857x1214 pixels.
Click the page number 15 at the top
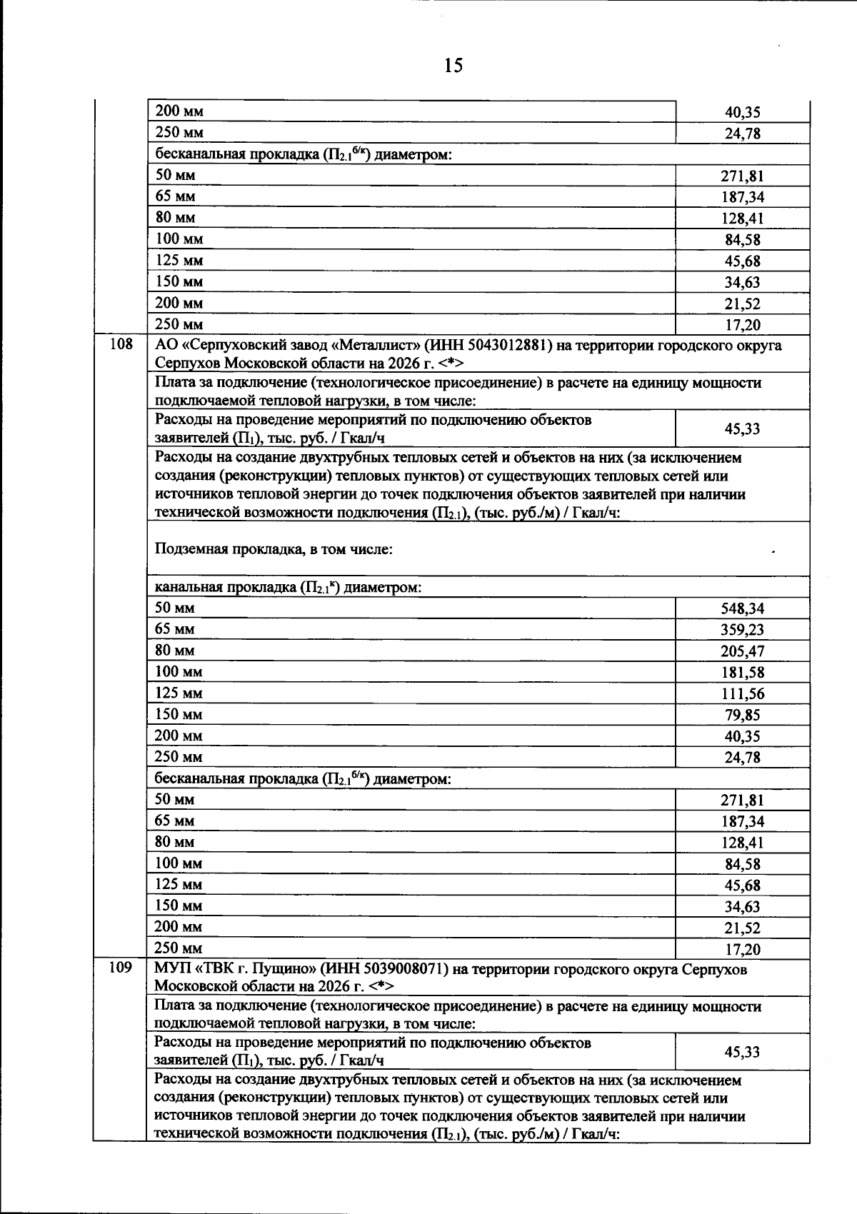click(x=453, y=66)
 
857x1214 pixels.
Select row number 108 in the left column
click(x=121, y=344)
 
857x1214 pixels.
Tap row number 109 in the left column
click(x=121, y=968)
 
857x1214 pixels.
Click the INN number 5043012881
click(x=507, y=346)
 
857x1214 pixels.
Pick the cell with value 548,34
click(x=742, y=608)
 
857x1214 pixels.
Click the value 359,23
click(x=742, y=630)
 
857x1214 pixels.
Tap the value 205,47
click(x=742, y=651)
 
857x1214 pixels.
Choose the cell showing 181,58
click(x=742, y=673)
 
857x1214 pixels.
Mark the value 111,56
click(x=742, y=694)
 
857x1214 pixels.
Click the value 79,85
click(x=742, y=716)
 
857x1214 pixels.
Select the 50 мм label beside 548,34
click(x=175, y=608)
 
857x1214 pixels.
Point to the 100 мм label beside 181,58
click(x=179, y=672)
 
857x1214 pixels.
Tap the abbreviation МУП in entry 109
click(x=169, y=969)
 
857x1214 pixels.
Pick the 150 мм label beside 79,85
click(x=179, y=715)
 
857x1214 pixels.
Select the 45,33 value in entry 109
click(x=742, y=1052)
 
